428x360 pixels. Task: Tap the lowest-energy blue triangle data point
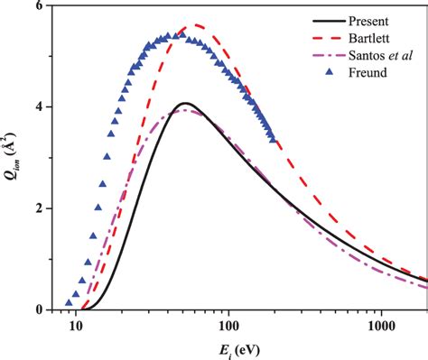(69, 302)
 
